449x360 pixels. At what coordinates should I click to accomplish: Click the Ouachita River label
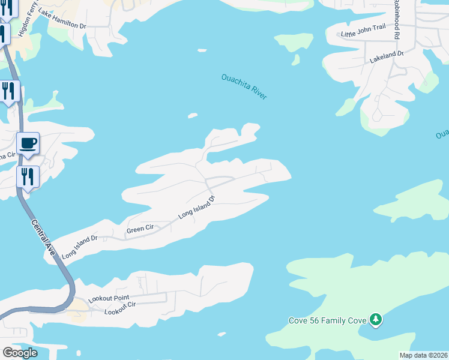click(x=244, y=86)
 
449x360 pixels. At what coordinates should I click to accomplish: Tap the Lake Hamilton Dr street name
click(x=62, y=19)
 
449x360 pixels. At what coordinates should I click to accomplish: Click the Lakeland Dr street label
click(x=387, y=57)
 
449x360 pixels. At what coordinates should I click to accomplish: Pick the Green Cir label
click(x=140, y=229)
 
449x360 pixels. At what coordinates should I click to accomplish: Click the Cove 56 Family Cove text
click(x=327, y=320)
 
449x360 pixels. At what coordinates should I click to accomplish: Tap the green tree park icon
click(x=375, y=320)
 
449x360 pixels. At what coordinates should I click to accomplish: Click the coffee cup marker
click(x=28, y=144)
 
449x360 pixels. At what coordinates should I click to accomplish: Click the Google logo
click(x=20, y=353)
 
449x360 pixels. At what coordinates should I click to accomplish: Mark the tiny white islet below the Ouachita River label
click(x=193, y=116)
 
